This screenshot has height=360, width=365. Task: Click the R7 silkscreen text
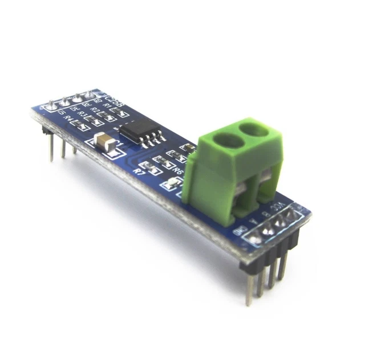(137, 171)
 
